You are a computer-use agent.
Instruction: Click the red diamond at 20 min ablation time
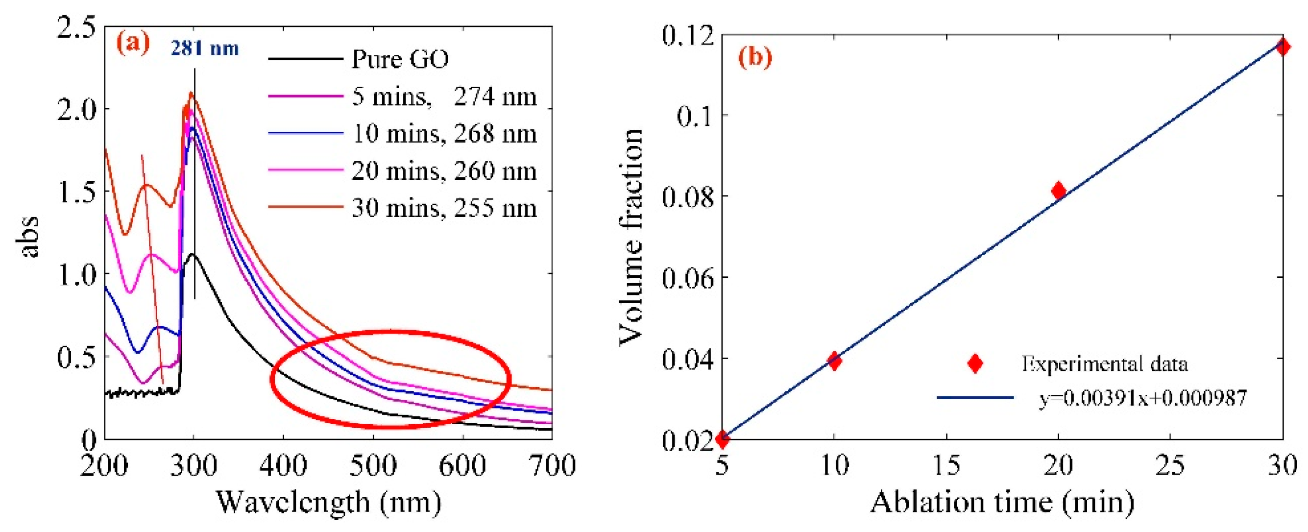click(x=1058, y=191)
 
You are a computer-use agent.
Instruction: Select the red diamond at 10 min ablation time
click(x=834, y=361)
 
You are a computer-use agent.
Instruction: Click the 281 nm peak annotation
click(x=204, y=48)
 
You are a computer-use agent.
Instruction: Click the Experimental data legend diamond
click(x=975, y=363)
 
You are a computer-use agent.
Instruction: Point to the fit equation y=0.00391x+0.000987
click(x=1142, y=398)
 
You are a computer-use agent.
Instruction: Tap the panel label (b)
click(x=755, y=57)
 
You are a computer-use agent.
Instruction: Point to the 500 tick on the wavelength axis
click(x=373, y=465)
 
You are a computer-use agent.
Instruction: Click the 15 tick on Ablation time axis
click(x=946, y=465)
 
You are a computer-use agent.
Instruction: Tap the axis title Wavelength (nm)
click(x=329, y=503)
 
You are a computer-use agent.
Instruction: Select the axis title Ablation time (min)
click(x=1002, y=503)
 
